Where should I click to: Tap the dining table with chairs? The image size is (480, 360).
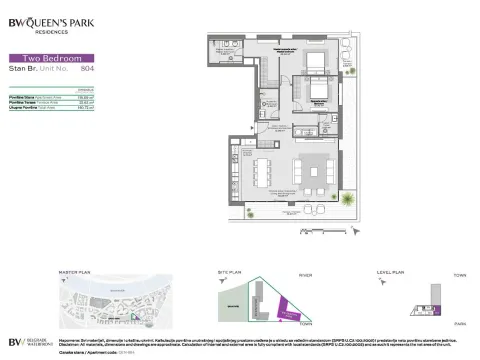(x=260, y=172)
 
